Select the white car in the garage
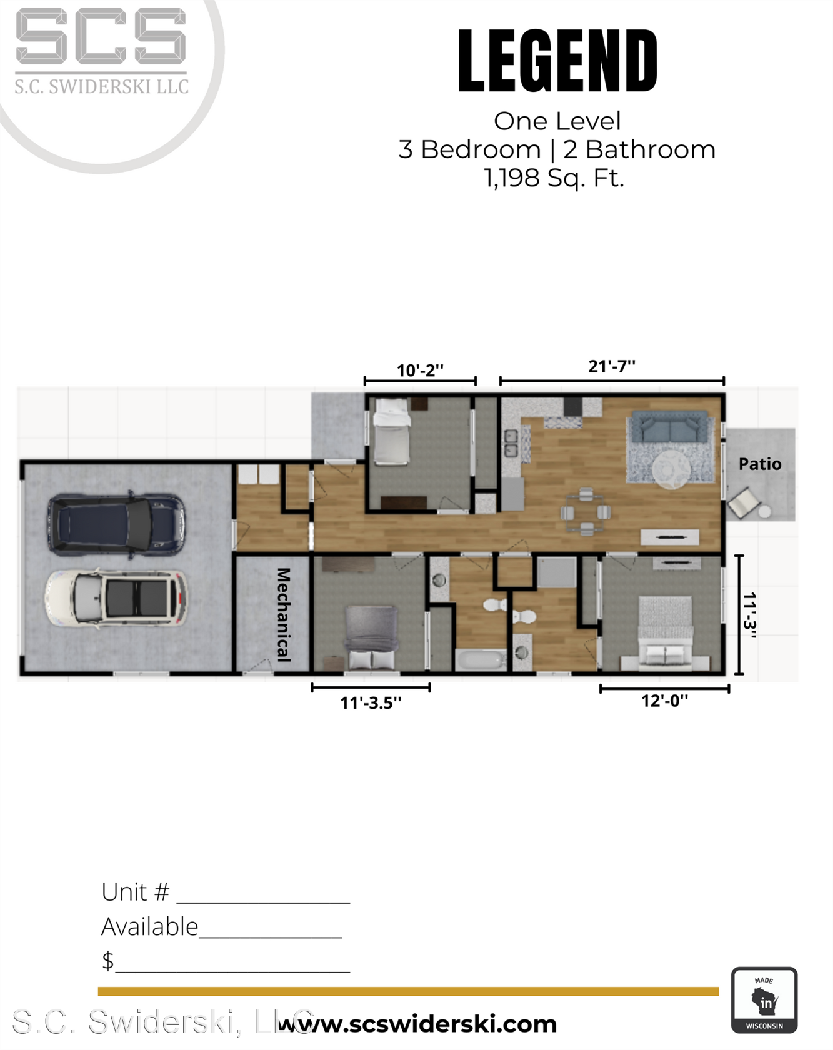(116, 598)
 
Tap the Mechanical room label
(284, 614)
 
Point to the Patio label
(760, 464)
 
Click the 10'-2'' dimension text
(420, 370)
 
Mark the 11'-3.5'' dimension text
(371, 702)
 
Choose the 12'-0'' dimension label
(664, 700)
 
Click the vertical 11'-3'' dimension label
(750, 615)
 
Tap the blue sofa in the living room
(670, 427)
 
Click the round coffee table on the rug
(671, 469)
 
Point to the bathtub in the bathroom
(481, 660)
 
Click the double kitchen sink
(511, 443)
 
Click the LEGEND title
(557, 61)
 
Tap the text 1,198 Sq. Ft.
(554, 178)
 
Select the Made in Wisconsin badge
(764, 999)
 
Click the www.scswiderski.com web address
(417, 1023)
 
